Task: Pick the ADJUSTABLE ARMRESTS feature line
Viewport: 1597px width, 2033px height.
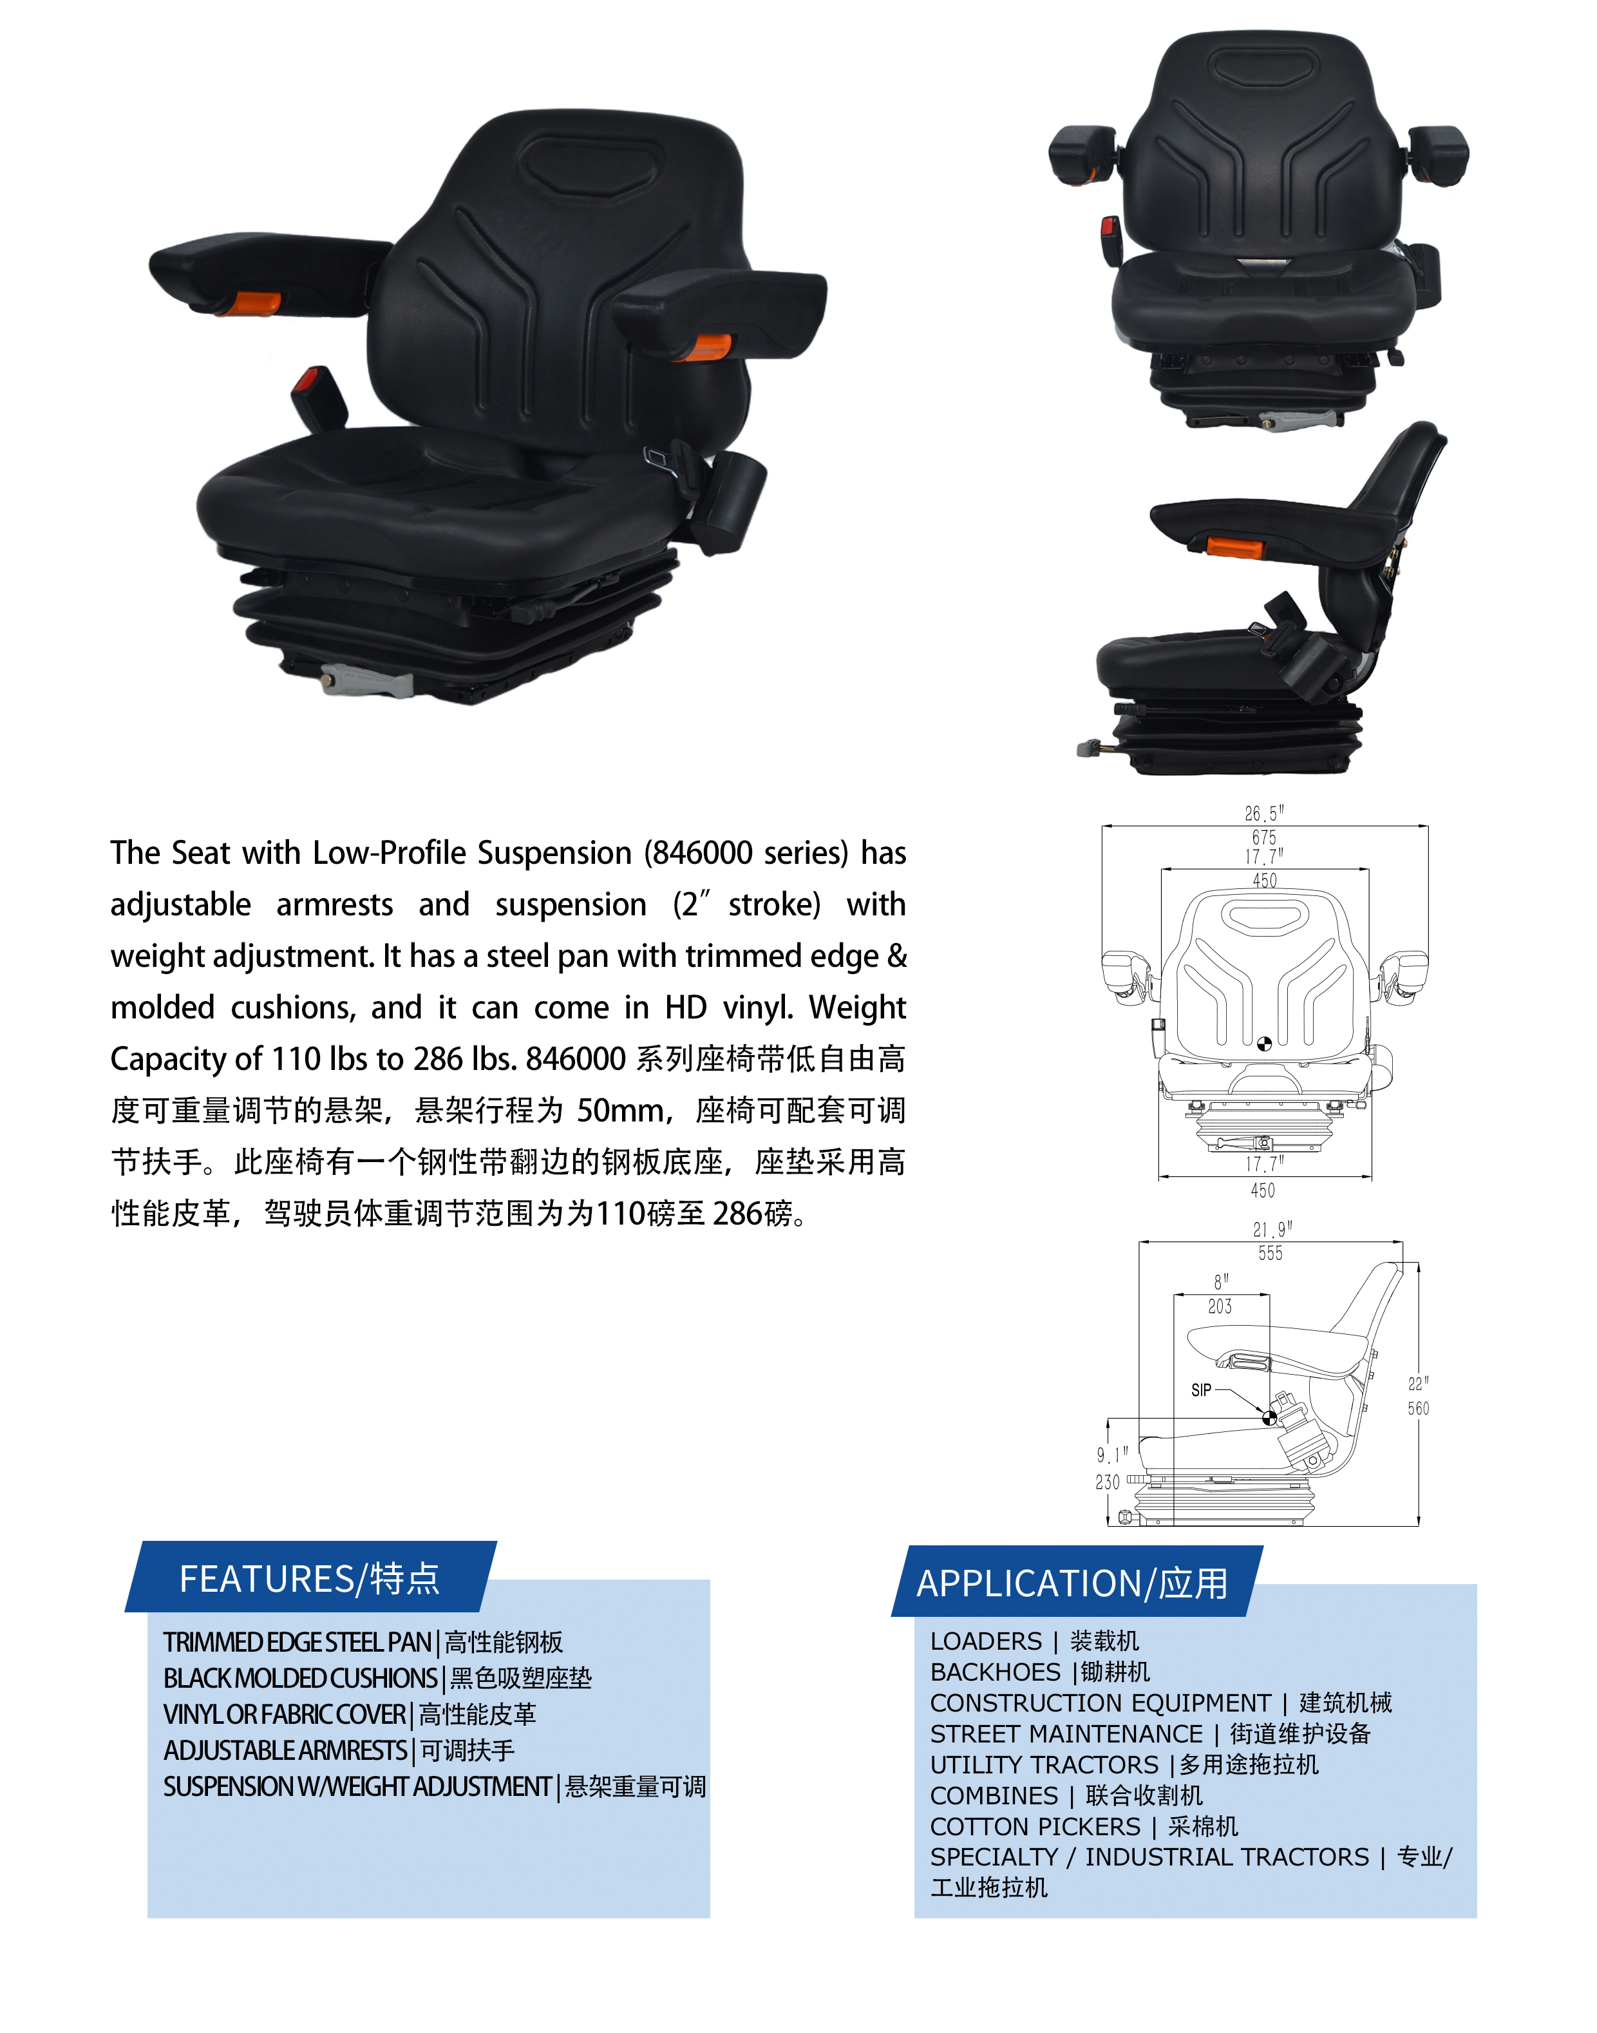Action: coord(339,1751)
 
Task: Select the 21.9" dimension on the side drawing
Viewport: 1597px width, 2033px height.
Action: coord(1272,1230)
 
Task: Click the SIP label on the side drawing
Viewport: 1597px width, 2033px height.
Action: coord(1202,1391)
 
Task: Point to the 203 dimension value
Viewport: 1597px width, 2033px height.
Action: coord(1220,1306)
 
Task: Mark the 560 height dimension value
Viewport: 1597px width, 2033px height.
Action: coord(1419,1408)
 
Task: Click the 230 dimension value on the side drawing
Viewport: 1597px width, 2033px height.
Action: coord(1108,1482)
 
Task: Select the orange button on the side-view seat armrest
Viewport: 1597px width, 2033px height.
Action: coord(1234,547)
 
